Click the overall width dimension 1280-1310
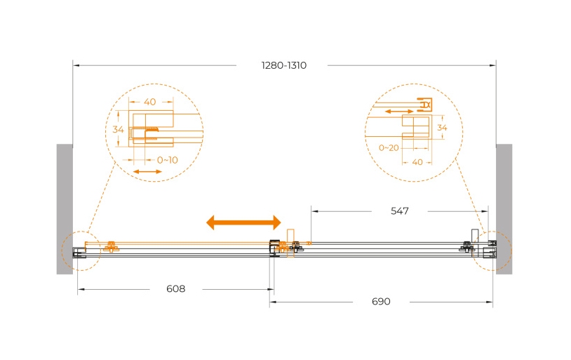pyautogui.click(x=284, y=65)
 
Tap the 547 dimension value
pyautogui.click(x=399, y=211)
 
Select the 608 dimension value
pyautogui.click(x=176, y=289)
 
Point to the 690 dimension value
pyautogui.click(x=381, y=302)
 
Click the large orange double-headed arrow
pyautogui.click(x=243, y=222)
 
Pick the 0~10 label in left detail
pyautogui.click(x=168, y=160)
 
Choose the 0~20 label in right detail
pyautogui.click(x=389, y=148)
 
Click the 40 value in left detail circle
pyautogui.click(x=150, y=102)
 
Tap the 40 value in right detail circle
pyautogui.click(x=417, y=162)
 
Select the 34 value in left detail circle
pyautogui.click(x=118, y=129)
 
